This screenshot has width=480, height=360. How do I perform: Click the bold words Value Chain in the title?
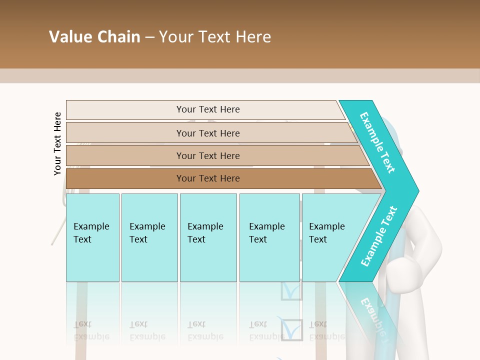pyautogui.click(x=94, y=37)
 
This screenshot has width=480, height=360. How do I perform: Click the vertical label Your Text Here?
pyautogui.click(x=57, y=143)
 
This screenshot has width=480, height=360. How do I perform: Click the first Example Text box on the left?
pyautogui.click(x=92, y=237)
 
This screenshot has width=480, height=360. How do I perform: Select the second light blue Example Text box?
pyautogui.click(x=149, y=237)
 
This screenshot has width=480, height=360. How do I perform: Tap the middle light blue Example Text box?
pyautogui.click(x=208, y=237)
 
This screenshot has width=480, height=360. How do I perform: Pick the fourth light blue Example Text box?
pyautogui.click(x=269, y=237)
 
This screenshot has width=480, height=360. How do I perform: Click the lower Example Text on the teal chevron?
pyautogui.click(x=379, y=236)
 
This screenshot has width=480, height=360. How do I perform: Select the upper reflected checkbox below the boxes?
pyautogui.click(x=291, y=291)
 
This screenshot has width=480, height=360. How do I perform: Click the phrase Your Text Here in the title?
pyautogui.click(x=215, y=37)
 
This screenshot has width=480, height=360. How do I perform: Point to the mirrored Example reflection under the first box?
pyautogui.click(x=91, y=335)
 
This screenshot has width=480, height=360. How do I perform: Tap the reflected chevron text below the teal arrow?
pyautogui.click(x=373, y=315)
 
